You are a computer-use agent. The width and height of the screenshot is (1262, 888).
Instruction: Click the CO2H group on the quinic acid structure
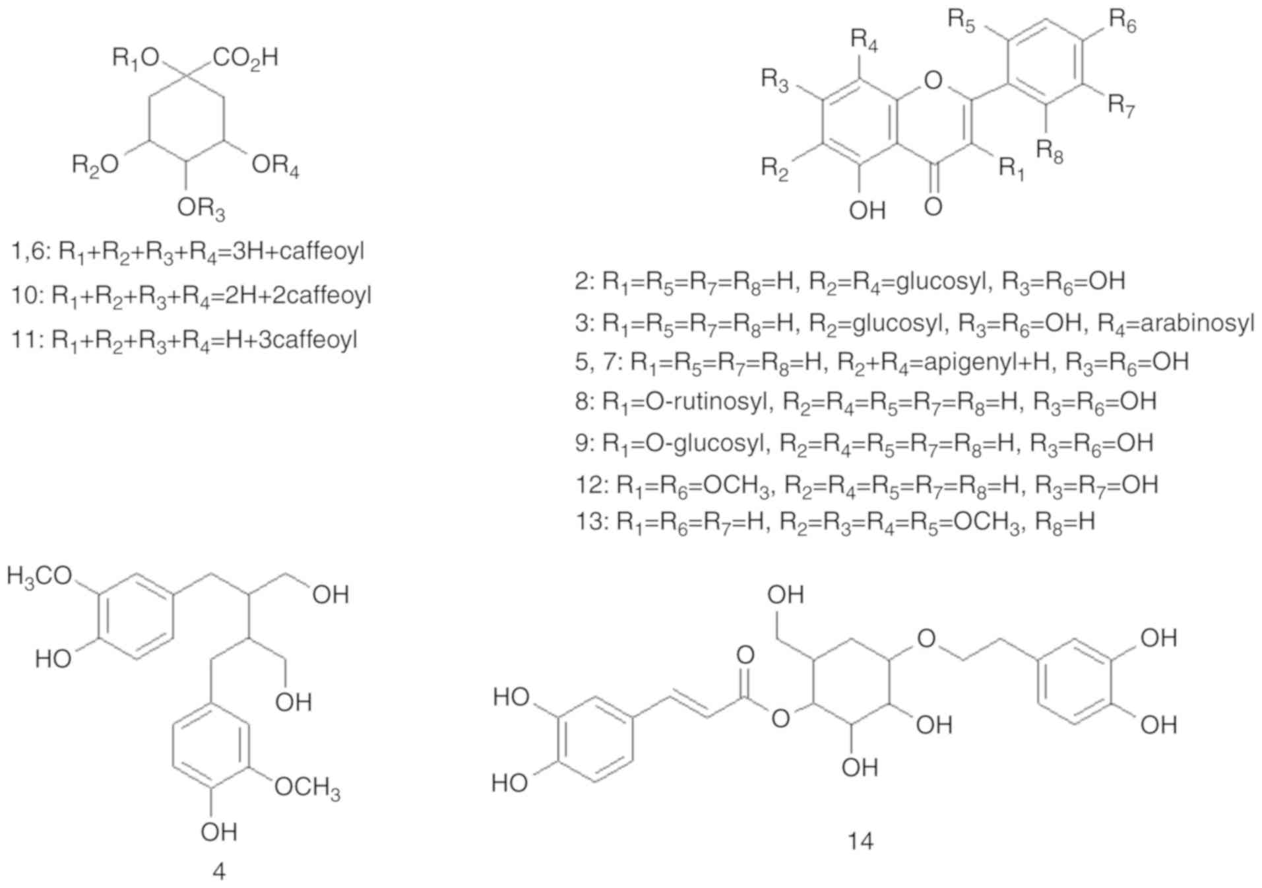pyautogui.click(x=245, y=59)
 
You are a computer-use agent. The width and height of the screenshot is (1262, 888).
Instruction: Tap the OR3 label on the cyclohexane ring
pyautogui.click(x=201, y=209)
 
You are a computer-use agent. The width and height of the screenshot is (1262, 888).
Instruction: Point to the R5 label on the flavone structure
pyautogui.click(x=961, y=21)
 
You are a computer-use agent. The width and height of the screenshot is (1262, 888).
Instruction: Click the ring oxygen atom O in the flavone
pyautogui.click(x=933, y=80)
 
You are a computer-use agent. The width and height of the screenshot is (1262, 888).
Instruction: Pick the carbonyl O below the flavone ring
pyautogui.click(x=933, y=206)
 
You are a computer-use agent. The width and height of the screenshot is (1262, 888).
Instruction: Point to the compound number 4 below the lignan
pyautogui.click(x=219, y=872)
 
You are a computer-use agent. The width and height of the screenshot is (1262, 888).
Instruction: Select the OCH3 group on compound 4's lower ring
pyautogui.click(x=307, y=788)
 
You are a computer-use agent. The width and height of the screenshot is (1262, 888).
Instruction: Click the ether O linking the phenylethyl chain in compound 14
pyautogui.click(x=926, y=638)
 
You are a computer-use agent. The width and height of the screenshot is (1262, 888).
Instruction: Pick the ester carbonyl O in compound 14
pyautogui.click(x=745, y=655)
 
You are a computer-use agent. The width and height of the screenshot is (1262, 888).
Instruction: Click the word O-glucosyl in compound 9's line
pyautogui.click(x=705, y=443)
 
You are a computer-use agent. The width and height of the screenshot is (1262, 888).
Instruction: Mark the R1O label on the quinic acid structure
pyautogui.click(x=136, y=59)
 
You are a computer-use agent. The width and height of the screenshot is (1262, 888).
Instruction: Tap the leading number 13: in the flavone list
pyautogui.click(x=591, y=522)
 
